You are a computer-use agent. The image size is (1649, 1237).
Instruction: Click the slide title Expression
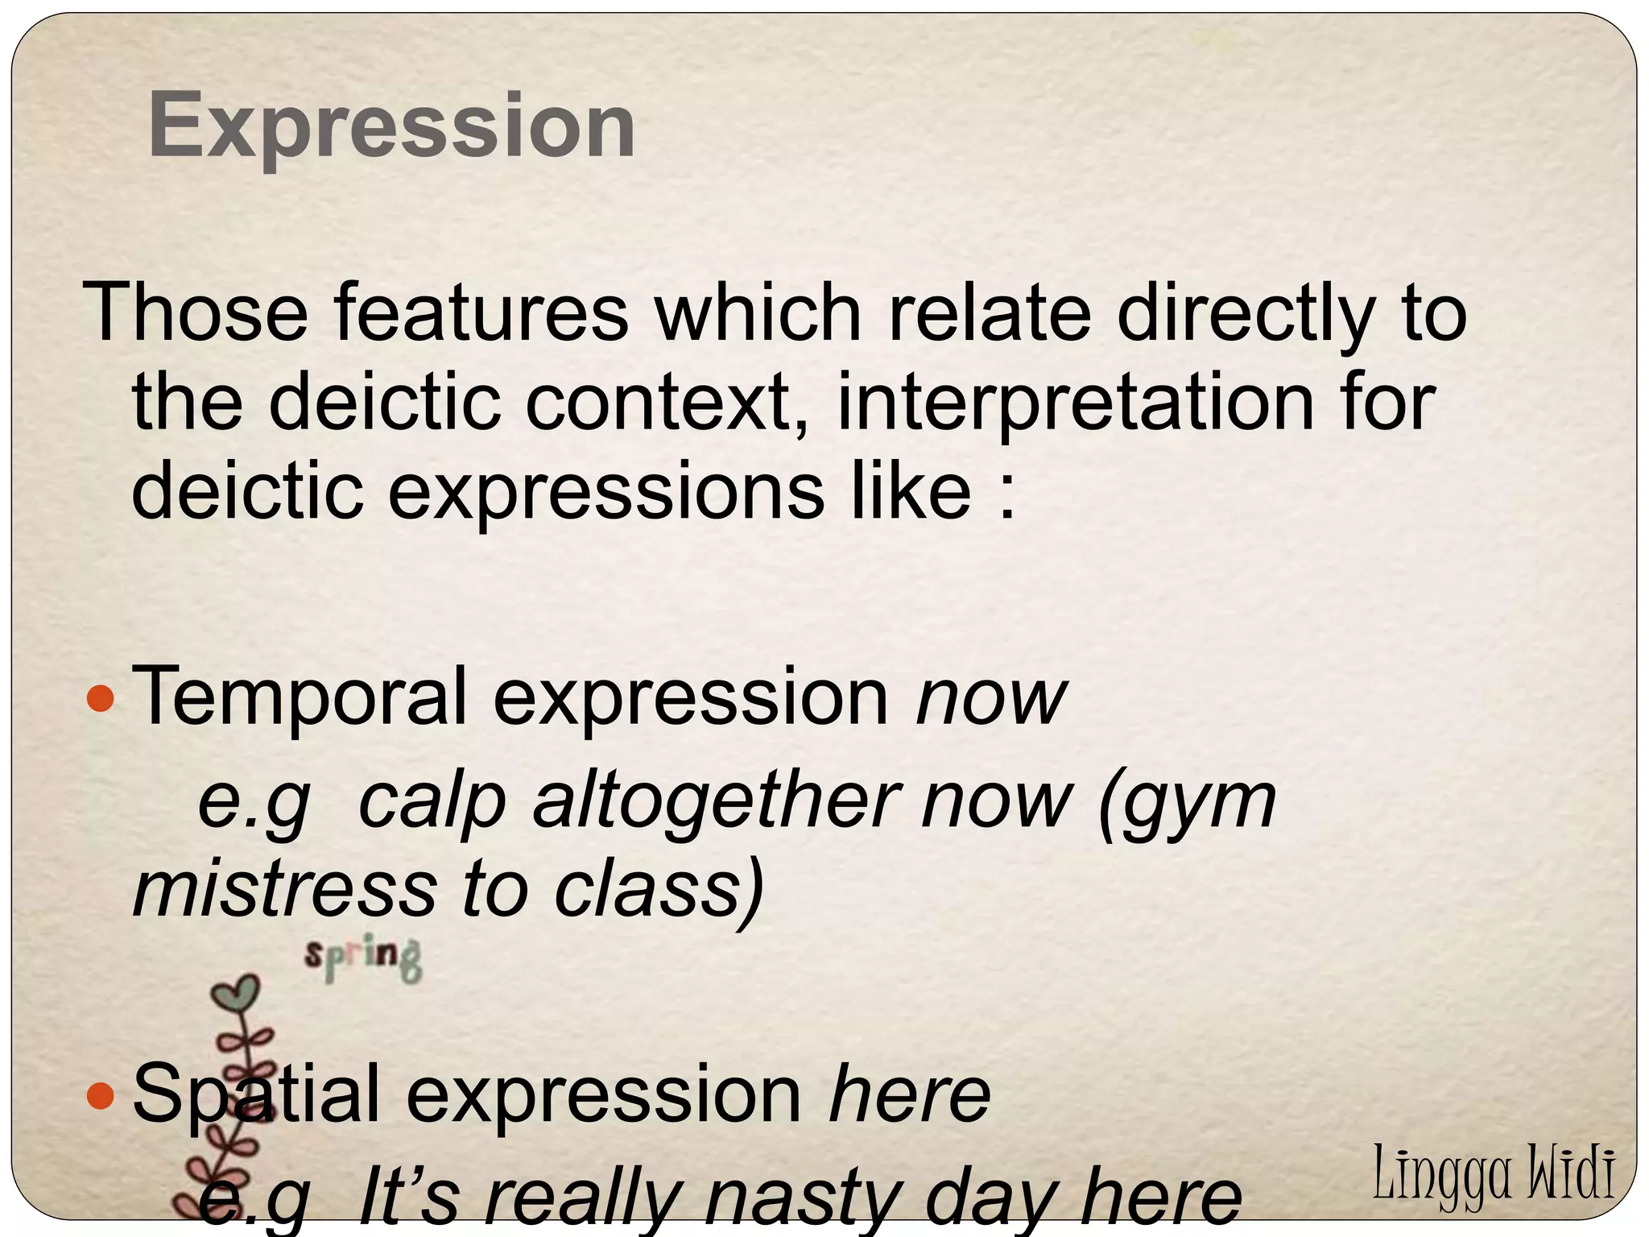392,126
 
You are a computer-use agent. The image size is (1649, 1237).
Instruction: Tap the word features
481,312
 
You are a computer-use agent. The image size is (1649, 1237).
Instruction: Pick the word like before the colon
911,490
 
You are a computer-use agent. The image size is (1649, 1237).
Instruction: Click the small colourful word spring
363,958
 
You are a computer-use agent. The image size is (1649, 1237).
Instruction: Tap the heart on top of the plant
236,994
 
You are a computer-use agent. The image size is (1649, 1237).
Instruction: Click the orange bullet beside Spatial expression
101,1095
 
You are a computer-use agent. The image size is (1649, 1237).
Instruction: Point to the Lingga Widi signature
1493,1173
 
